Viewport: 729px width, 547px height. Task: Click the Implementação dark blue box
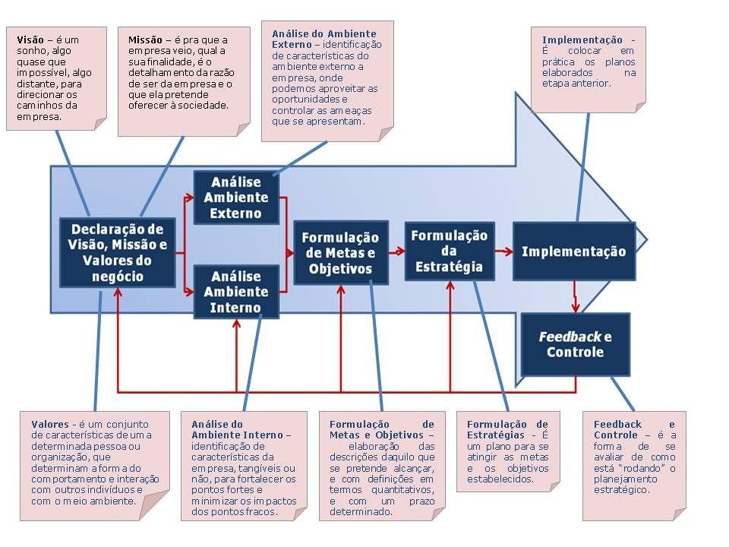574,251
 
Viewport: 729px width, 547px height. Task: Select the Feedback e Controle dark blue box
575,344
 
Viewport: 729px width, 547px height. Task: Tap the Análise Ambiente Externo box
236,198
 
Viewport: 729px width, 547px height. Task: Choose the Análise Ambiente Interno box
236,292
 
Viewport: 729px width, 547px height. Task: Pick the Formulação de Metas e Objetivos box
341,252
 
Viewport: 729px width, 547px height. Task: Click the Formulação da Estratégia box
450,251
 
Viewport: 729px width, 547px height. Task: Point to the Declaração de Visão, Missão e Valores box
118,252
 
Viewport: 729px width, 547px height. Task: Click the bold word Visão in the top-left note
30,40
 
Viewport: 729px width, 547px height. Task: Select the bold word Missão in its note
145,40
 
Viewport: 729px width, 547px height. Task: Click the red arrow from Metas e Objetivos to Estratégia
396,251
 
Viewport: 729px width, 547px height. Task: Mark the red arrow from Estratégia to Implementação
503,251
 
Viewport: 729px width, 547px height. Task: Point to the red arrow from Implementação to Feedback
575,297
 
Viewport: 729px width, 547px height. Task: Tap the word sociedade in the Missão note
206,106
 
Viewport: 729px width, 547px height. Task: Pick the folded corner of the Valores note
154,506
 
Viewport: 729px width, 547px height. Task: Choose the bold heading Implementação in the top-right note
582,40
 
